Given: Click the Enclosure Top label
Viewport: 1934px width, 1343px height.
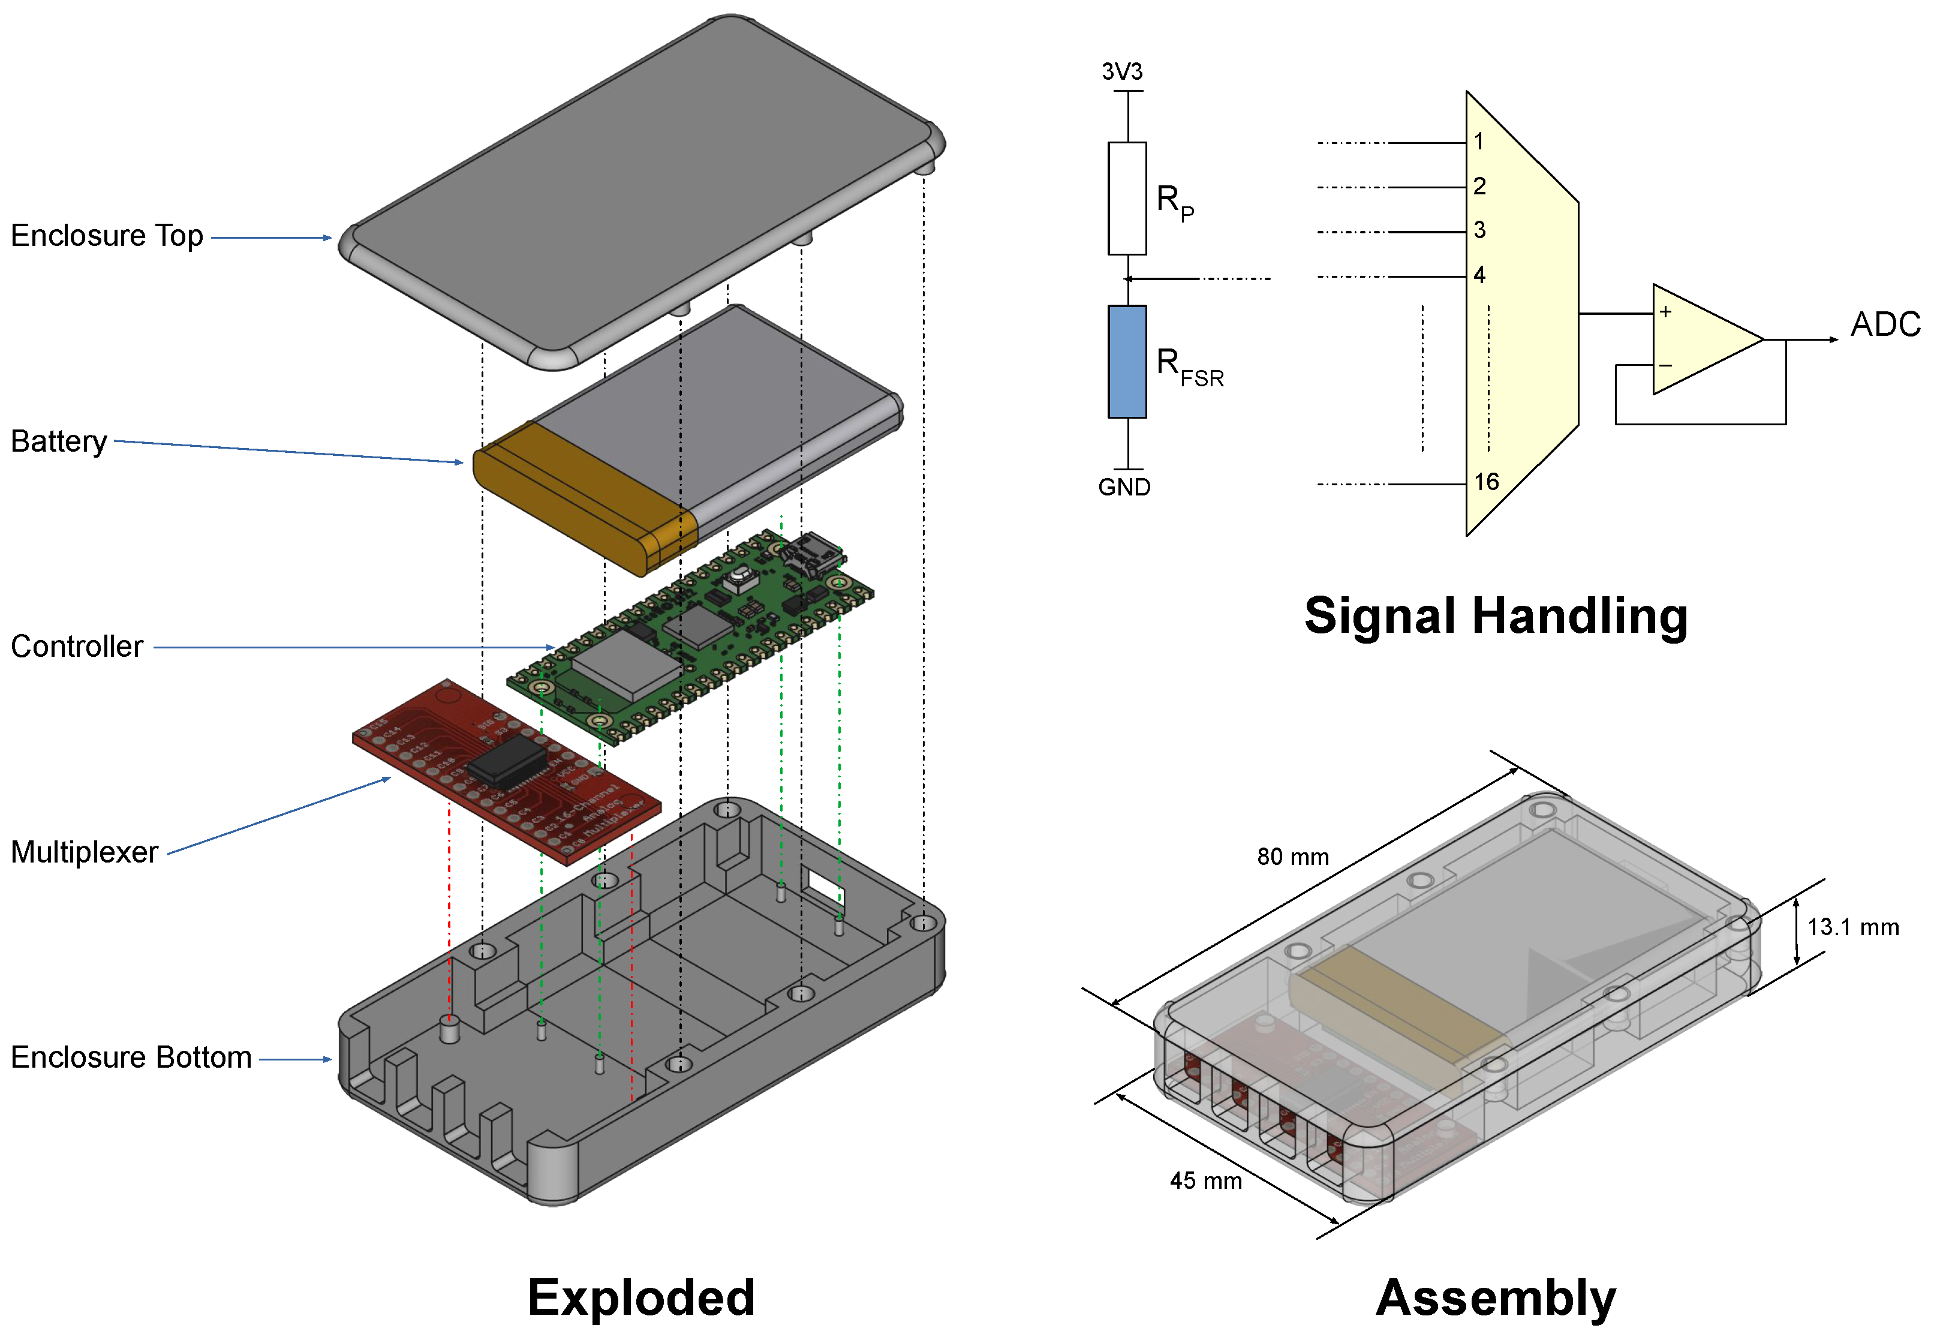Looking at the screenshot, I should coord(107,236).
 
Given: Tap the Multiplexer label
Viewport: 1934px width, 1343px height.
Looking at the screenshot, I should coord(84,852).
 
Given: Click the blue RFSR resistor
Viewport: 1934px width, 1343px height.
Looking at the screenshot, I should coord(1126,362).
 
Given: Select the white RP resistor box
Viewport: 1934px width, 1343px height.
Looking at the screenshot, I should coord(1126,199).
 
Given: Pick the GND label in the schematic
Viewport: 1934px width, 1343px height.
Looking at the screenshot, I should coord(1124,487).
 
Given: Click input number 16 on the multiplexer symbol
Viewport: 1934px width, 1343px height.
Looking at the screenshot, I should coord(1485,482).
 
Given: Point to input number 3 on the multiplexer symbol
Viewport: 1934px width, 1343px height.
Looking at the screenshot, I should coord(1479,230).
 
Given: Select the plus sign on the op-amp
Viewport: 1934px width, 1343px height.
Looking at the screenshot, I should coord(1665,312).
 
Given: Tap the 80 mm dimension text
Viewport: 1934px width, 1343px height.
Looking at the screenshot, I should coord(1292,857).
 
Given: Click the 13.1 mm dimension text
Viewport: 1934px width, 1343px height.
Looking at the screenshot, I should coord(1852,927).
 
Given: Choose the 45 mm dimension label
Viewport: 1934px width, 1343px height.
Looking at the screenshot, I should coord(1205,1180).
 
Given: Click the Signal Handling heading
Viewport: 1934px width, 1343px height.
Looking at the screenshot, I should coord(1495,616).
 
